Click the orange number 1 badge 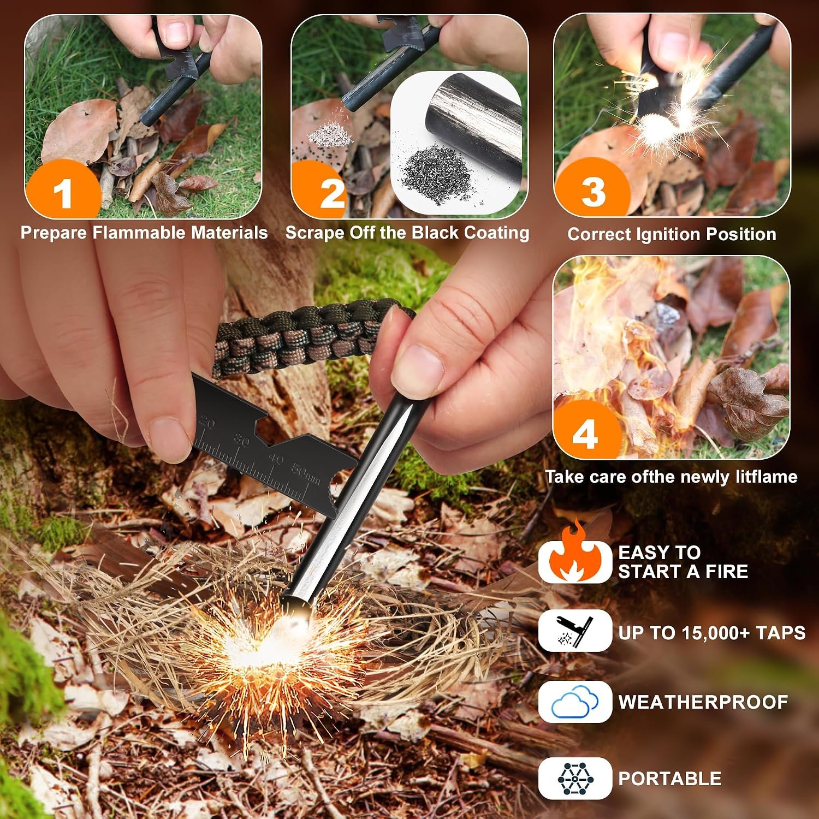click(63, 192)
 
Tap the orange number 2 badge click(330, 192)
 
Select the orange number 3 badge click(592, 191)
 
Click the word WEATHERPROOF click(703, 702)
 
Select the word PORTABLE click(670, 778)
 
